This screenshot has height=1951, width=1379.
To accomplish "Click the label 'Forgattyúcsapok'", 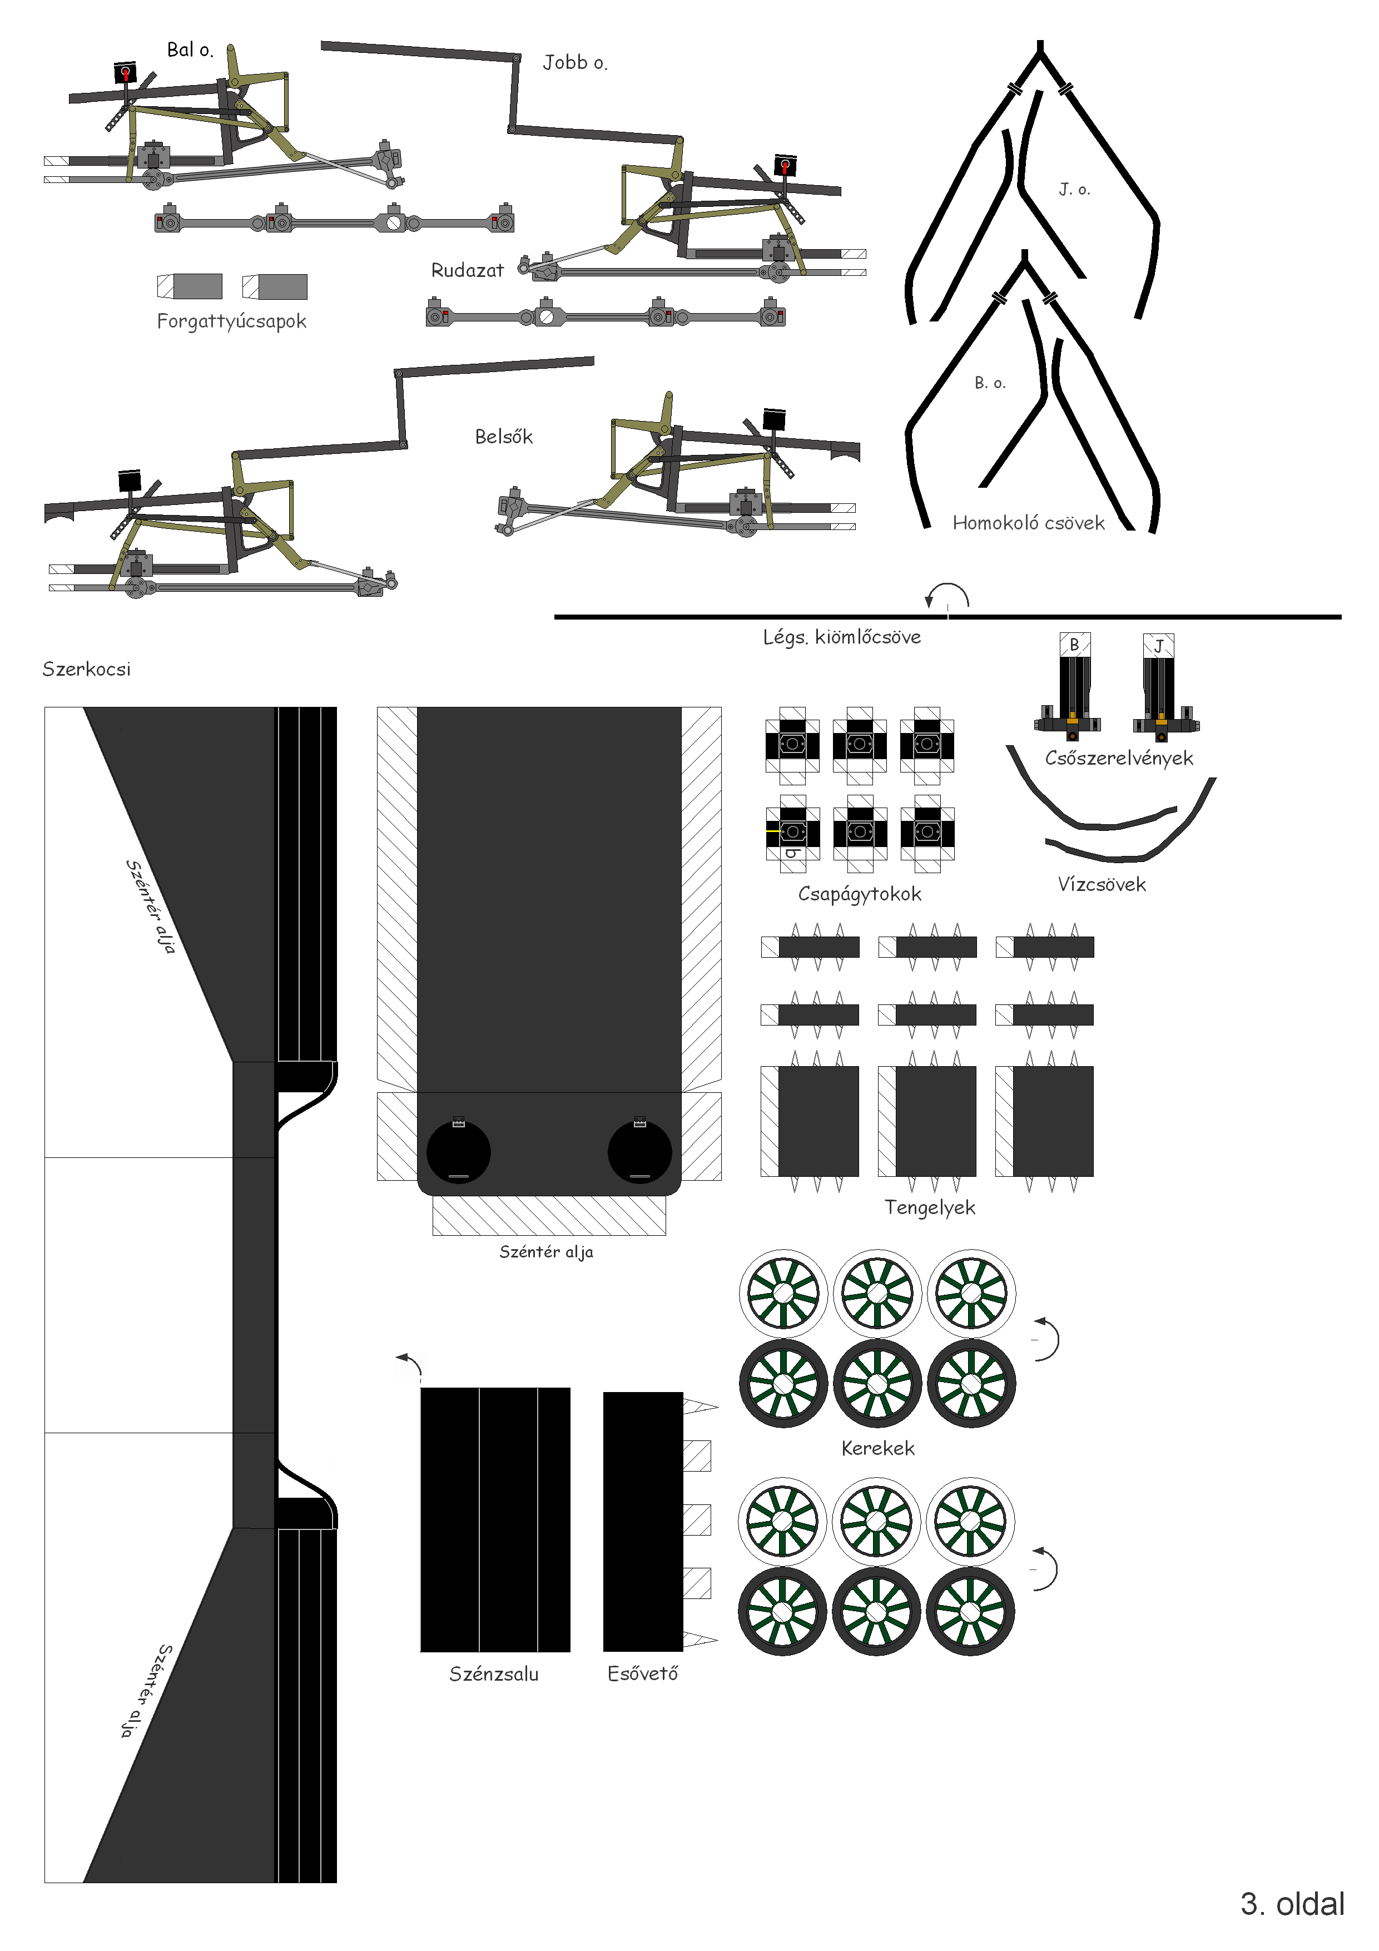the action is (231, 321).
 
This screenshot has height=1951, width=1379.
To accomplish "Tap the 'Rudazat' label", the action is (467, 270).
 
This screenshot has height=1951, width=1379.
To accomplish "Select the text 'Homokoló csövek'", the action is (1028, 523).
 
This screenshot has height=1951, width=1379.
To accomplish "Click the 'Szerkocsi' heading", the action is (87, 669).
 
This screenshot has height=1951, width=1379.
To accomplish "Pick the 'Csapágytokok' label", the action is (859, 894).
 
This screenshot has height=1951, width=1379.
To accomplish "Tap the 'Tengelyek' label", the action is (930, 1207).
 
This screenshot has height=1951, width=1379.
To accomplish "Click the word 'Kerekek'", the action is (877, 1448).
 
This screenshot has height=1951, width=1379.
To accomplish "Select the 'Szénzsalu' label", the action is (494, 1674).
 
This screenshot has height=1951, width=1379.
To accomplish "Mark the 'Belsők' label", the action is (503, 437).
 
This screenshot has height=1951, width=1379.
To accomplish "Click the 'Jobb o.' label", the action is (575, 62).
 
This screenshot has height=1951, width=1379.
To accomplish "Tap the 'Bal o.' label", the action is (190, 49).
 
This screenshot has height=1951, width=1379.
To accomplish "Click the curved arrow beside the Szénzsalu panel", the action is (410, 1364).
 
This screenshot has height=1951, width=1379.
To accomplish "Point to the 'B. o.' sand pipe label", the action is (990, 383).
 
